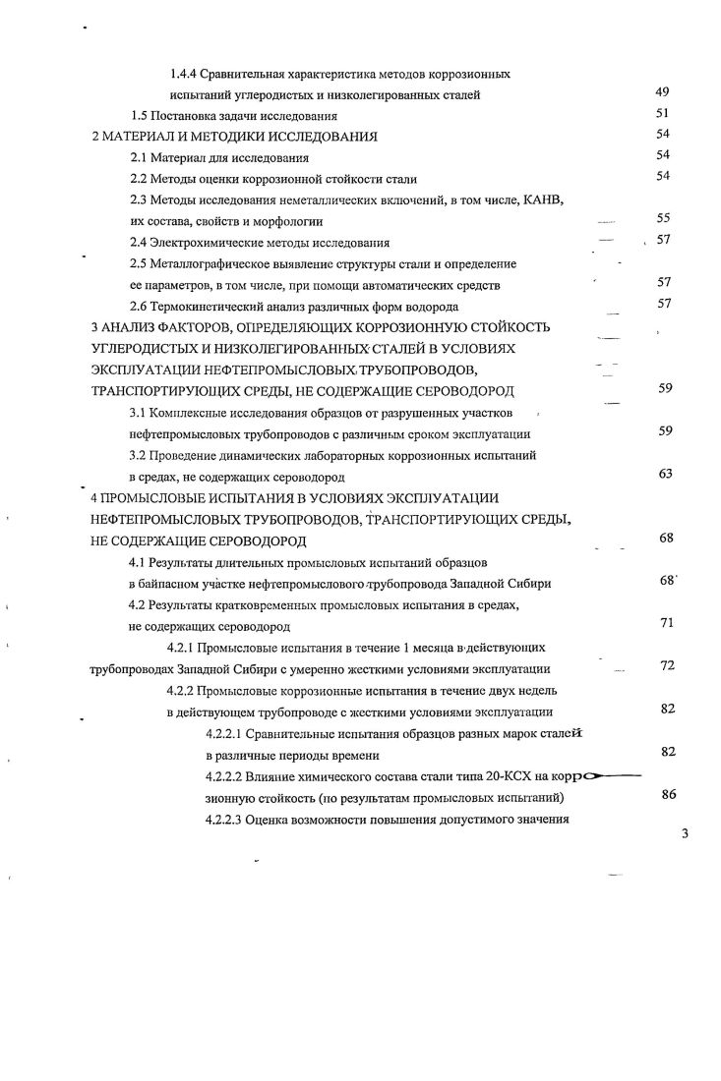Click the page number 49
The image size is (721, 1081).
[662, 91]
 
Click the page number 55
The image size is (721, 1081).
[662, 218]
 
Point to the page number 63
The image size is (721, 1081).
[664, 474]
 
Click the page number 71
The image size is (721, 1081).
[666, 623]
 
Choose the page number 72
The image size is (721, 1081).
[666, 665]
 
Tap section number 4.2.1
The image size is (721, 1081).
[185, 649]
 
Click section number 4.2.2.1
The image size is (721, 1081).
[222, 734]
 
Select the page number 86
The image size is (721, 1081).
[668, 795]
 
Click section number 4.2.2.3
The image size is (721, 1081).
[222, 819]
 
